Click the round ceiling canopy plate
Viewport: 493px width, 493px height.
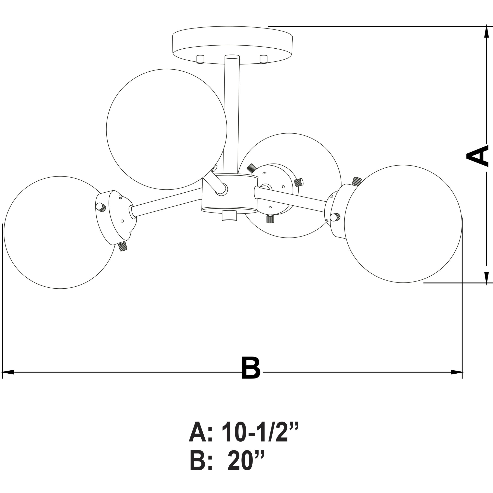tap(232, 45)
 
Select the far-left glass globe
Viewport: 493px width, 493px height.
tap(60, 232)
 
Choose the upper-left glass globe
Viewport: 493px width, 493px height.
tap(166, 129)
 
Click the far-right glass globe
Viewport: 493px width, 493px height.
tap(403, 224)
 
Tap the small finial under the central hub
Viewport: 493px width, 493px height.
tap(229, 216)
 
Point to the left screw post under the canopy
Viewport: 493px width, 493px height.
tap(200, 59)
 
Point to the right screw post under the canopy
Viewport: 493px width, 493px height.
tap(263, 59)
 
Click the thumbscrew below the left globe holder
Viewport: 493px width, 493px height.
tap(123, 247)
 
